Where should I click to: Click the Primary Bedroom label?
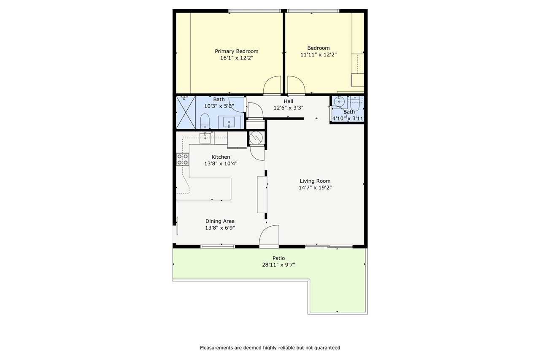(x=236, y=51)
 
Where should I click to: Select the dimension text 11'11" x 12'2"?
(x=318, y=55)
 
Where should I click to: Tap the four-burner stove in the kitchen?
(x=182, y=159)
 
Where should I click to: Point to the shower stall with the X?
(x=186, y=112)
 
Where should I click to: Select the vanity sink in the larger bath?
(x=229, y=122)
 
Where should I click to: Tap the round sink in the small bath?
(x=339, y=101)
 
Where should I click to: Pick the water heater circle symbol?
(x=255, y=138)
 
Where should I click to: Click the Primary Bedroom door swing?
(x=272, y=85)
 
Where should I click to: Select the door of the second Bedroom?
(x=296, y=85)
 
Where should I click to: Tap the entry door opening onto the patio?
(x=269, y=235)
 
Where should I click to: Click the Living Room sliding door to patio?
(x=329, y=246)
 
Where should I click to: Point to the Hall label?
(x=289, y=102)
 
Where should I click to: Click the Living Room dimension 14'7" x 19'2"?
(x=315, y=188)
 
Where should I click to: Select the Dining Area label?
(x=220, y=221)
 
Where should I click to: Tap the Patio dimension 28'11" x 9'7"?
(x=278, y=265)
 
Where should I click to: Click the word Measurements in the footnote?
(x=216, y=348)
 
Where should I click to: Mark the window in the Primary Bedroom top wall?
(x=254, y=11)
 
